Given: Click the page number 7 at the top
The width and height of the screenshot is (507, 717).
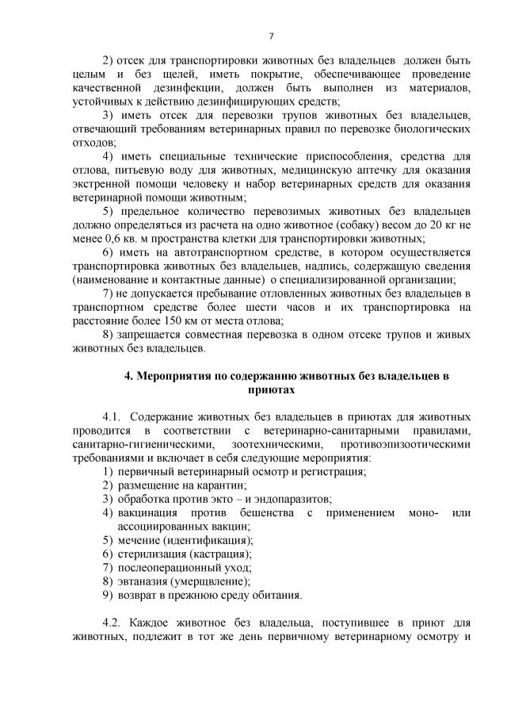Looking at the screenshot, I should pyautogui.click(x=271, y=36).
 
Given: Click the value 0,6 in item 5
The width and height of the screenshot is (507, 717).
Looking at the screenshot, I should pyautogui.click(x=115, y=238).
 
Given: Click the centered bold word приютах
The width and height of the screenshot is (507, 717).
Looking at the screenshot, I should pyautogui.click(x=271, y=390).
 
